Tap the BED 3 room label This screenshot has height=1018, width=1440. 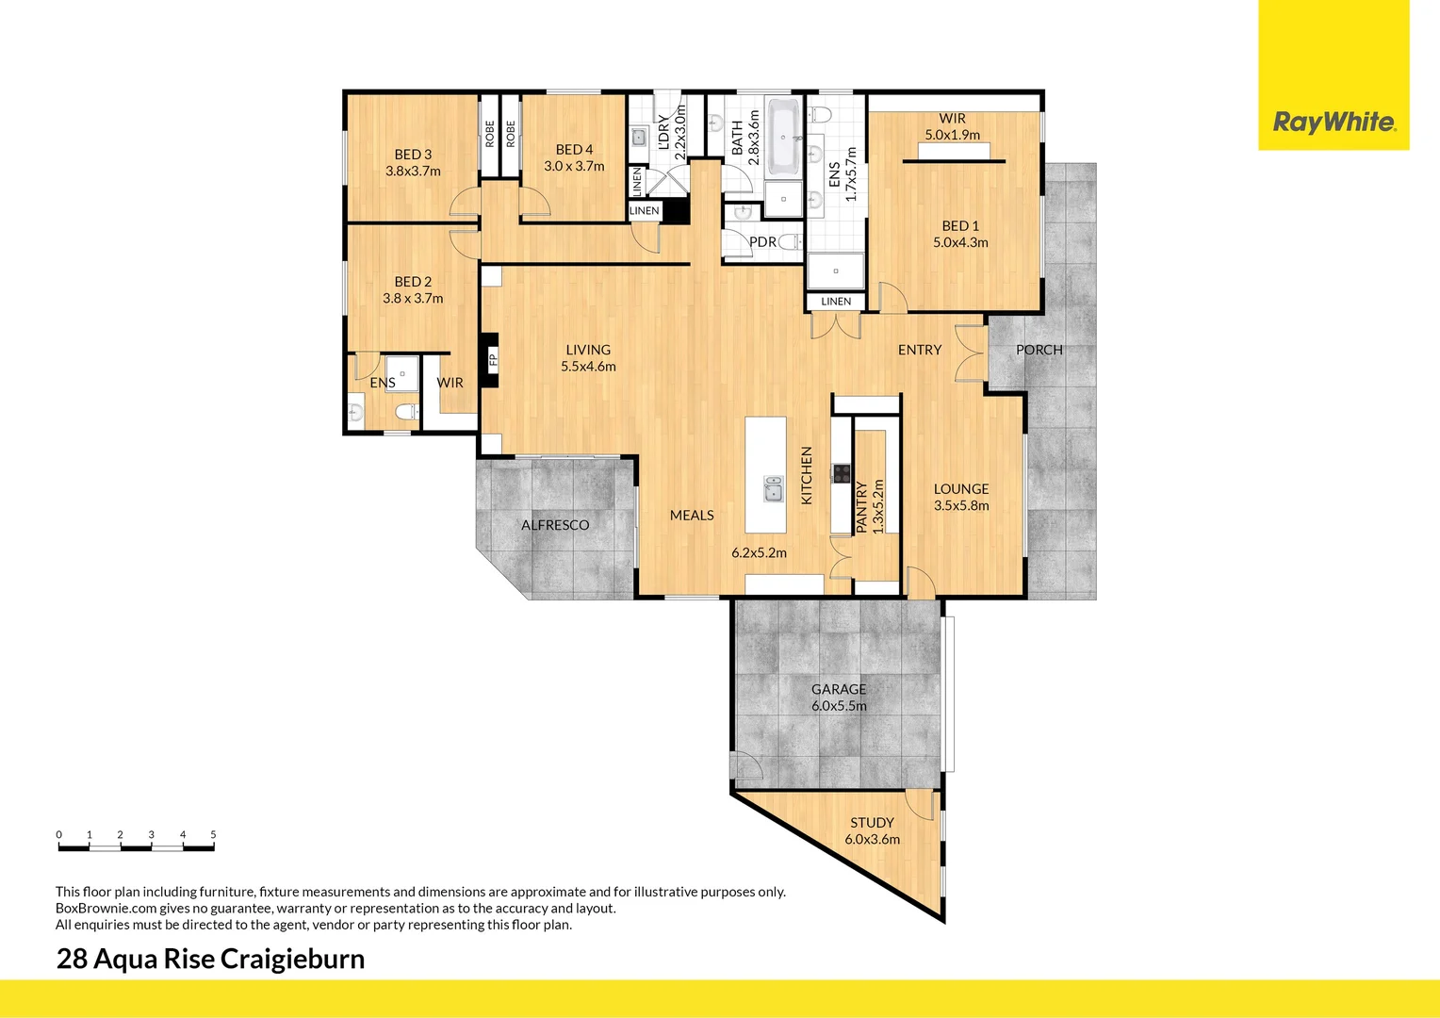click(413, 162)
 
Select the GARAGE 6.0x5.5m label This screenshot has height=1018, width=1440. click(839, 698)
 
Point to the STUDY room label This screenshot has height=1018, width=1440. click(872, 830)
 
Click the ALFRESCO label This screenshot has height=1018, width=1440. click(555, 525)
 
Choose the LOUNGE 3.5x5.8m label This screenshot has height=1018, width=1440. click(961, 497)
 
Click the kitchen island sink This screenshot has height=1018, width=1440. click(773, 488)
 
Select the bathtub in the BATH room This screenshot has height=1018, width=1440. click(783, 138)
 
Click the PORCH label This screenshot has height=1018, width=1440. click(1039, 350)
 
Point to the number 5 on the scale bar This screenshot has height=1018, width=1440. click(213, 834)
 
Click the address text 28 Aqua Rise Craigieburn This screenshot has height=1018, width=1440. click(210, 959)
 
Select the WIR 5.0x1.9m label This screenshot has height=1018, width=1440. click(952, 126)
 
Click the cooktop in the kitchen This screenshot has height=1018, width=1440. click(841, 473)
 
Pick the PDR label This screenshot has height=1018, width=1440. click(762, 242)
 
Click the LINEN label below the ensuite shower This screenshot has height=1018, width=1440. click(836, 302)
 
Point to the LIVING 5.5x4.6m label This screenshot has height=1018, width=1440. click(588, 357)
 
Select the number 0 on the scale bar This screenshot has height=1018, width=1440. click(58, 834)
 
